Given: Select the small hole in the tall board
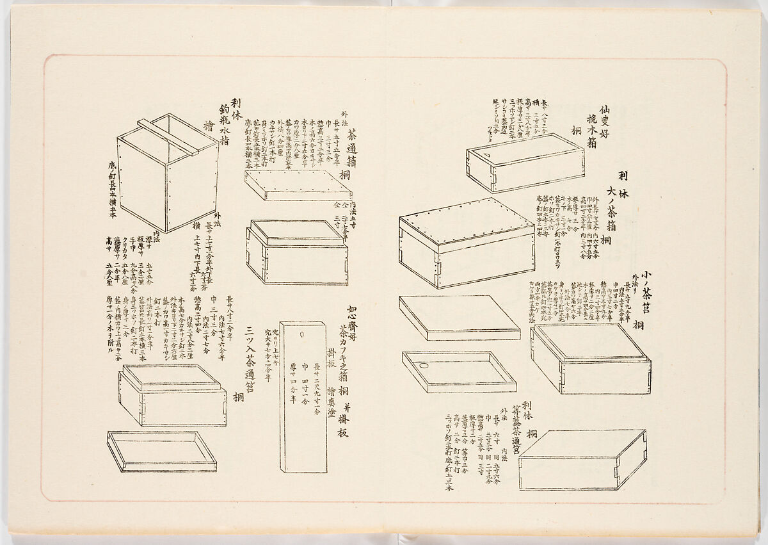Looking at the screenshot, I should pos(301,334).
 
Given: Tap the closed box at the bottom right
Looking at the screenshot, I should pos(582,460).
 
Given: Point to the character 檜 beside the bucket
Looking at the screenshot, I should pos(207,126).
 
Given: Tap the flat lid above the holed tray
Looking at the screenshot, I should pos(459,318).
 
